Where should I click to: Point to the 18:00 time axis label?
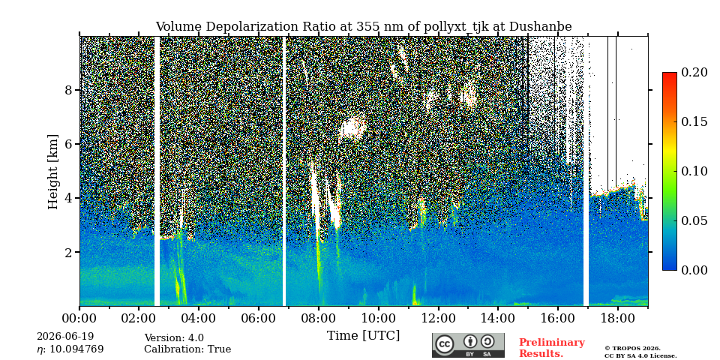click(x=617, y=317)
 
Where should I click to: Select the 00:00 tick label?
click(x=79, y=317)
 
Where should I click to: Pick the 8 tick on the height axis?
click(x=69, y=90)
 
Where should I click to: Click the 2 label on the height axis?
click(x=69, y=252)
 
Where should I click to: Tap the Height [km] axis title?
click(x=53, y=172)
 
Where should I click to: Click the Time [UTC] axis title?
click(x=363, y=336)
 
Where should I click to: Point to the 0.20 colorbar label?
click(x=694, y=72)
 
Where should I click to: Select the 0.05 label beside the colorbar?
click(x=694, y=220)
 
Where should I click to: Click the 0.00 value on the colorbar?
click(x=694, y=270)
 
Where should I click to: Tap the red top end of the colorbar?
click(x=670, y=74)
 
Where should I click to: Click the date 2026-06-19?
click(x=65, y=337)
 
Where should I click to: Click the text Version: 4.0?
click(x=174, y=338)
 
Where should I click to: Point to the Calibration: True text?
click(x=187, y=349)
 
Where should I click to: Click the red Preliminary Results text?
click(x=552, y=347)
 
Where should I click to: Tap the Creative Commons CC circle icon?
click(x=445, y=345)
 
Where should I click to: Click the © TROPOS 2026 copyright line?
click(x=632, y=349)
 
